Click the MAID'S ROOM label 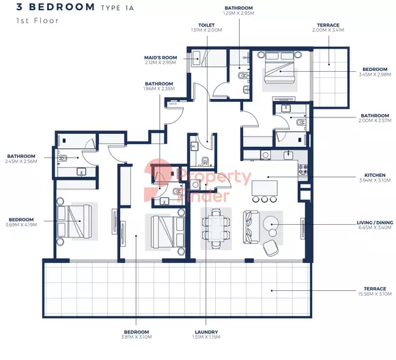click(160, 57)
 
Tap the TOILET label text click(206, 25)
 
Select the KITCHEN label click(375, 175)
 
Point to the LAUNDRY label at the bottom click(206, 332)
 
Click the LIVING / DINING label click(375, 223)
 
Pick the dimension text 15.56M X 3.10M click(375, 294)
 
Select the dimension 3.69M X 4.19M click(21, 225)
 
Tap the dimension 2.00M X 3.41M click(328, 30)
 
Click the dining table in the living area click(216, 229)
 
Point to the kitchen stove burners click(303, 170)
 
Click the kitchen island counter click(264, 188)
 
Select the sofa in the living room click(251, 227)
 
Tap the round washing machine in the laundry click(195, 184)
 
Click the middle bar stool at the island click(264, 199)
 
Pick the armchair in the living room click(270, 248)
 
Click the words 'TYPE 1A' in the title click(117, 8)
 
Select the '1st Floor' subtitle click(38, 20)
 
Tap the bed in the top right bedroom click(280, 67)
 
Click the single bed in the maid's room click(209, 58)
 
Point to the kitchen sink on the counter click(288, 154)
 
